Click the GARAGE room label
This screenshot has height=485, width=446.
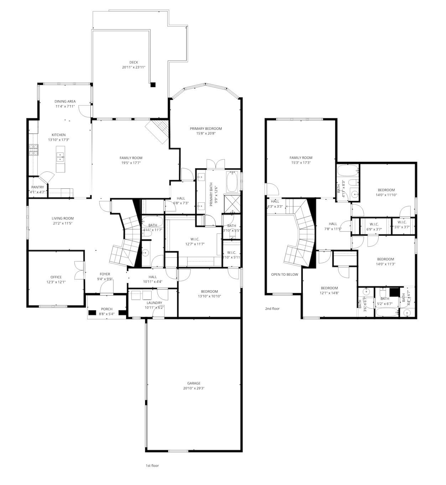click(194, 383)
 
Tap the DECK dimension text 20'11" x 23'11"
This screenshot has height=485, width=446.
click(134, 67)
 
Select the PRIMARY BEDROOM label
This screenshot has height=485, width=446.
click(206, 129)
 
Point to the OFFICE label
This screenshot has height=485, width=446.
click(56, 277)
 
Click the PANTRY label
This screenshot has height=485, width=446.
click(37, 187)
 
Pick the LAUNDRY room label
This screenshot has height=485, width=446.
click(154, 303)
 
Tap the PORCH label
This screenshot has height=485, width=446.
click(107, 309)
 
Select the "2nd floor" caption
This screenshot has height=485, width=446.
click(272, 309)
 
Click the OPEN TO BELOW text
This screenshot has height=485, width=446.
click(285, 275)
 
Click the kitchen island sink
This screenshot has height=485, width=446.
click(61, 157)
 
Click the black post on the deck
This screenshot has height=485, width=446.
click(153, 85)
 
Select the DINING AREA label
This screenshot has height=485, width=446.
click(65, 101)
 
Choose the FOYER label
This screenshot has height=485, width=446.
click(105, 274)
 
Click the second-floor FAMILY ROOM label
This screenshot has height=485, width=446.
click(301, 158)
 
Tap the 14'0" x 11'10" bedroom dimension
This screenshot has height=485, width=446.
click(386, 195)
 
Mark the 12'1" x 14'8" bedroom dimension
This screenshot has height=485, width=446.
click(329, 293)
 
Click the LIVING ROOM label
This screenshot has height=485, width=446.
click(63, 218)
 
